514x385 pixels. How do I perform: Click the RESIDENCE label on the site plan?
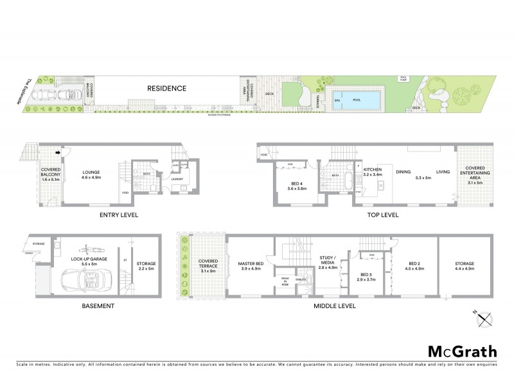click(x=166, y=88)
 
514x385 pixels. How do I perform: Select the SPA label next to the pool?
click(x=337, y=100)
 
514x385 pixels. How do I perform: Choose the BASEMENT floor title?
click(x=98, y=306)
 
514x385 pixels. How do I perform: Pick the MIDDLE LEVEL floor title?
click(x=335, y=306)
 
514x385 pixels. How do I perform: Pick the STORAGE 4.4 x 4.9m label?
click(x=464, y=266)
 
